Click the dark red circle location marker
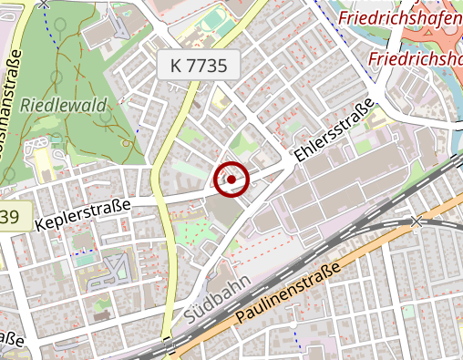[231, 180]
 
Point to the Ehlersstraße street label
[334, 131]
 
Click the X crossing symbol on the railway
[417, 221]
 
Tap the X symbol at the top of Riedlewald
[44, 4]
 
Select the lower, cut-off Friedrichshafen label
[416, 59]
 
